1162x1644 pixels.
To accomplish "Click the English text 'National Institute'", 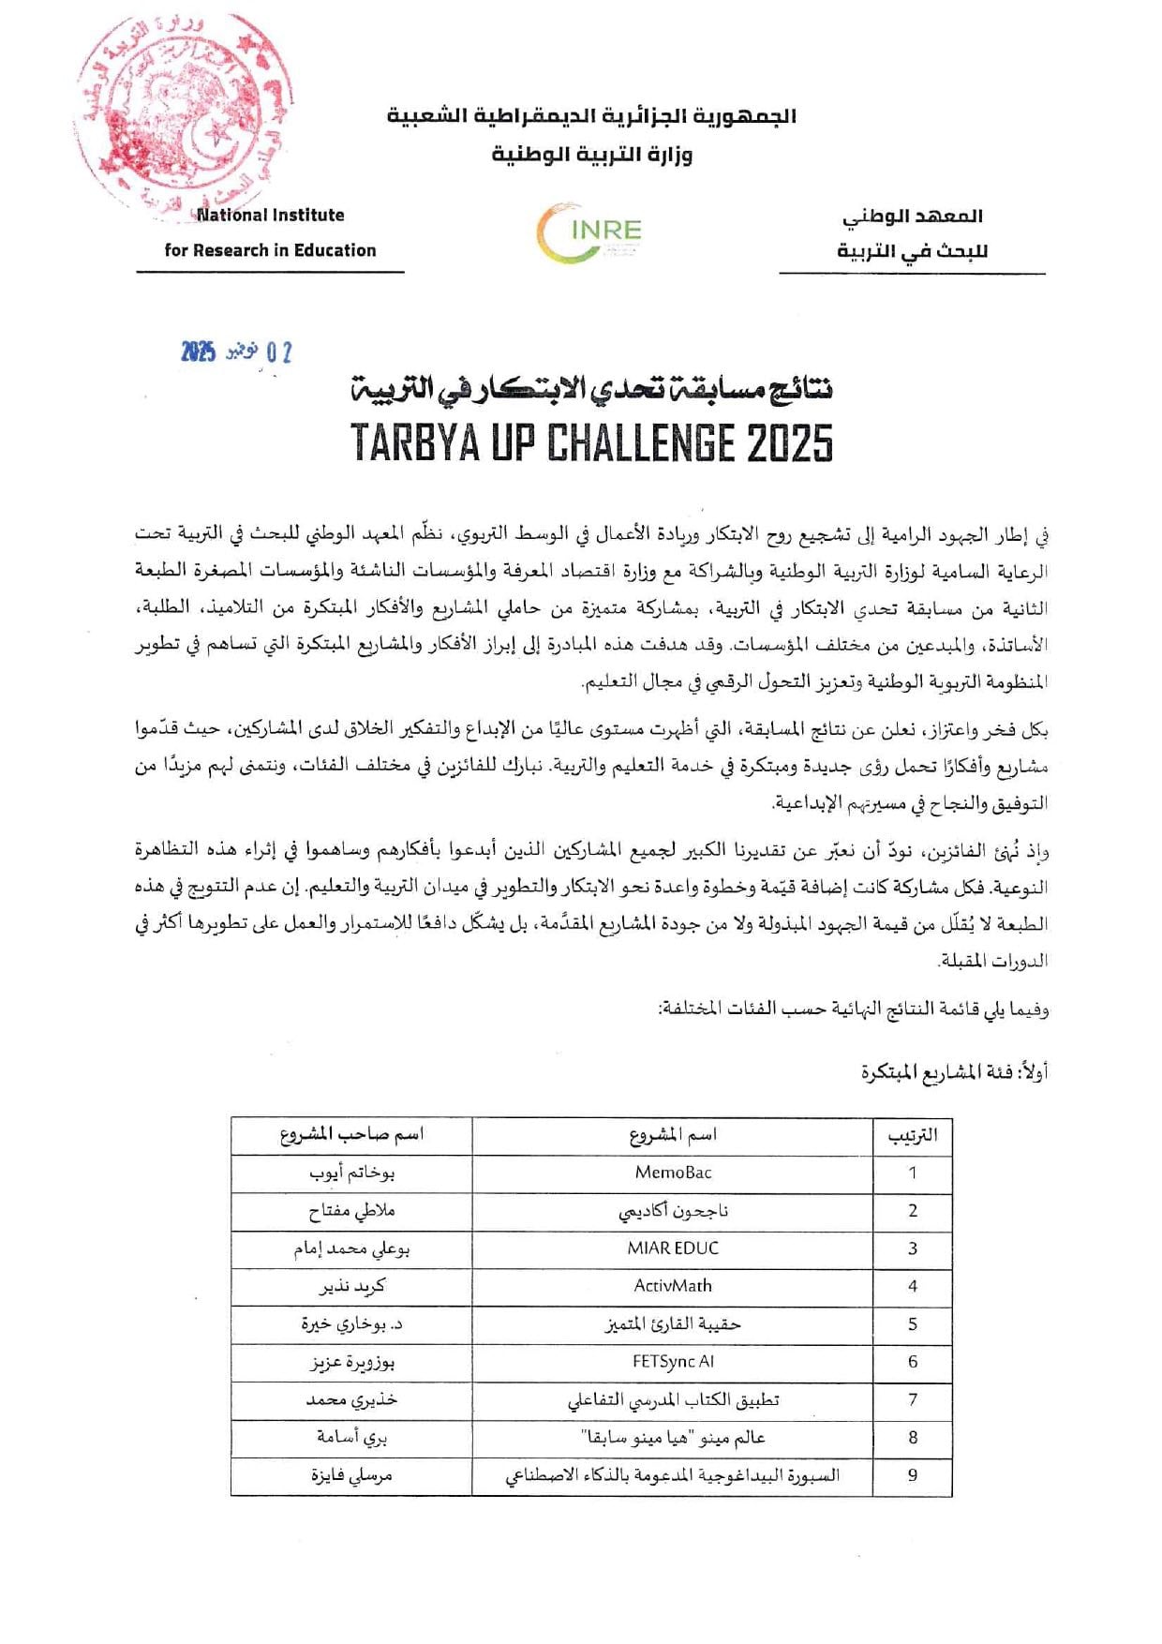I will (270, 216).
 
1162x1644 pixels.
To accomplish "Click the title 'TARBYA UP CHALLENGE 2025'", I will (591, 442).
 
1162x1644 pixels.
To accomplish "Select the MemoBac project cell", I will (673, 1173).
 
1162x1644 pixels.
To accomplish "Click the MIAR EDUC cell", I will (673, 1248).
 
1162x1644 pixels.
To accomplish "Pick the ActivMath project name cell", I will (673, 1286).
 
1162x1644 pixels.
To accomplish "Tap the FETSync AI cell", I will (673, 1362).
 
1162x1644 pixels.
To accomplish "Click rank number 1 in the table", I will (913, 1173).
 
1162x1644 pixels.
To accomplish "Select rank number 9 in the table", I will (913, 1475).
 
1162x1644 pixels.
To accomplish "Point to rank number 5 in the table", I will (913, 1324).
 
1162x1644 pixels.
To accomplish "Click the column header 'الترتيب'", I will (913, 1135).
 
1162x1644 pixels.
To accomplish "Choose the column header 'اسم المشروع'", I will (673, 1135).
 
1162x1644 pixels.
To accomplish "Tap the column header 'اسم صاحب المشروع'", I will (352, 1135).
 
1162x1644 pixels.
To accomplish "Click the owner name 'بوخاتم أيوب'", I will (352, 1173).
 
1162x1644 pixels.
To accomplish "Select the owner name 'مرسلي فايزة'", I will (352, 1475).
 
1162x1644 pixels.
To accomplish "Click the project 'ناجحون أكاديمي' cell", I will (673, 1211).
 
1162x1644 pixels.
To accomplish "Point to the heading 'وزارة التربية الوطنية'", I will (592, 154).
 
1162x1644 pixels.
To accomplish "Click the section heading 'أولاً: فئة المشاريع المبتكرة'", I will (954, 1072).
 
